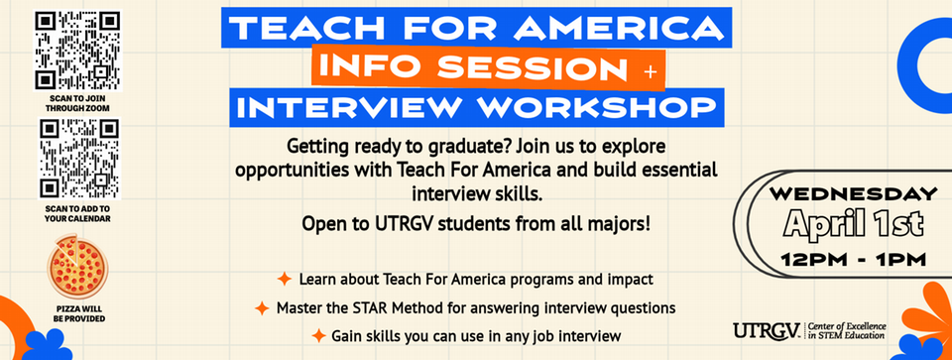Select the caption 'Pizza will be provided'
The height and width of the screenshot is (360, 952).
pyautogui.click(x=76, y=314)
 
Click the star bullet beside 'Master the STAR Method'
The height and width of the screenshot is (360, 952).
pyautogui.click(x=262, y=307)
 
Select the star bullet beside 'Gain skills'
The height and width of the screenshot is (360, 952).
pyautogui.click(x=318, y=336)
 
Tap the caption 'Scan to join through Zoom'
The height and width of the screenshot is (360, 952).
pyautogui.click(x=76, y=104)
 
